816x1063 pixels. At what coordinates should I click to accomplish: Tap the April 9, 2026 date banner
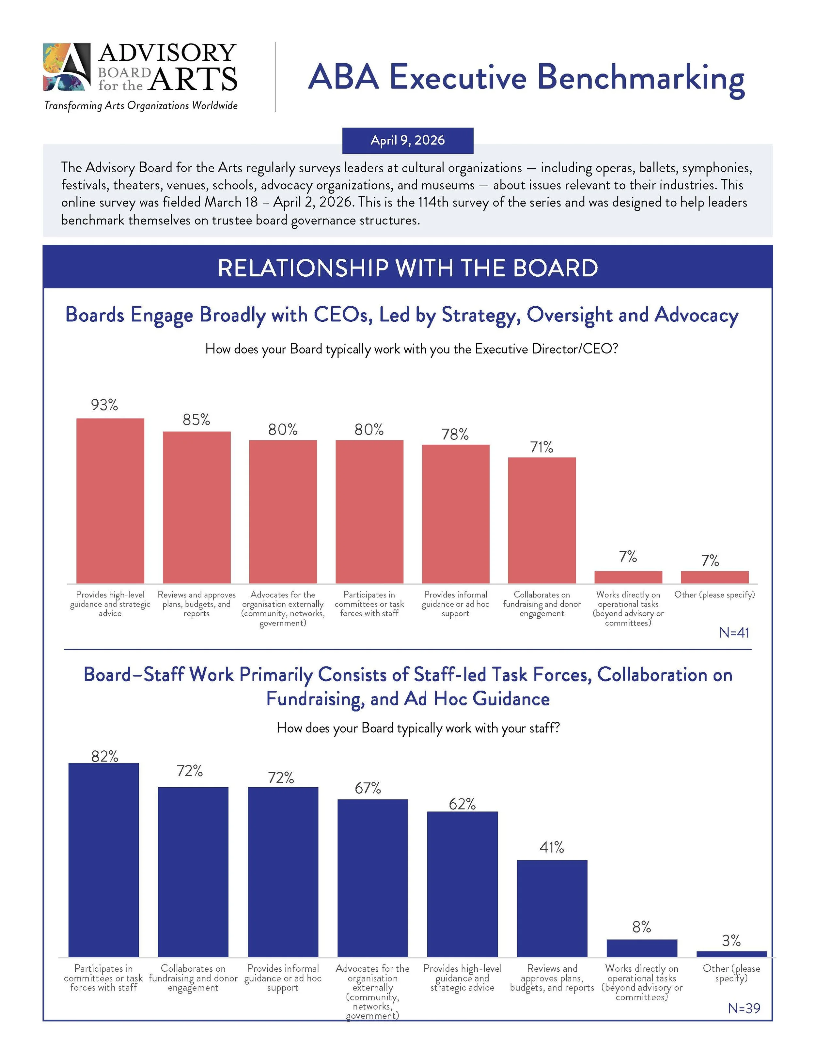[408, 140]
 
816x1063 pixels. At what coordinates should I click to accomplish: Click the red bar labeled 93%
[110, 501]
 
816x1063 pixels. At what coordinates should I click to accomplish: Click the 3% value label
[731, 941]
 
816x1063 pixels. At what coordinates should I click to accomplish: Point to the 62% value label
[462, 804]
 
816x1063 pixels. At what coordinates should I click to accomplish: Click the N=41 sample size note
[734, 633]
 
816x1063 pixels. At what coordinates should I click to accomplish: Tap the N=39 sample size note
[744, 1009]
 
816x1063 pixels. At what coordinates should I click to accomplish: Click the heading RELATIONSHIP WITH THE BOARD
[408, 268]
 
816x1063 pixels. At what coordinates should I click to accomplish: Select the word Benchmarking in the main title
[641, 78]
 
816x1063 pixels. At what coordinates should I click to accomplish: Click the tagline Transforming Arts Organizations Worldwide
[141, 106]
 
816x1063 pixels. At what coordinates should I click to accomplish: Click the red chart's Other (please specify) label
[714, 594]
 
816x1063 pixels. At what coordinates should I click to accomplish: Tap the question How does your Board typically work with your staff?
[418, 728]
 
